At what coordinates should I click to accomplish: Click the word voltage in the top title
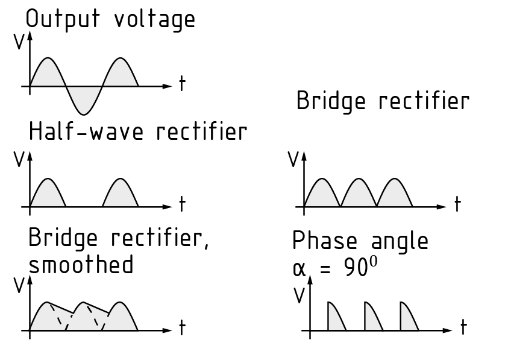(155, 20)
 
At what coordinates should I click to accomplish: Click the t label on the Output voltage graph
(181, 85)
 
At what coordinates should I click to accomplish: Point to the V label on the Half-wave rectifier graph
(18, 159)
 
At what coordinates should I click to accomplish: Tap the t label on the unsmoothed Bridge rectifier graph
(457, 205)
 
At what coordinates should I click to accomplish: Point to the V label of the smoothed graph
(18, 285)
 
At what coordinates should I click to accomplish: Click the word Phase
(324, 241)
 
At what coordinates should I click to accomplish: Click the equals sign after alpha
(325, 269)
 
